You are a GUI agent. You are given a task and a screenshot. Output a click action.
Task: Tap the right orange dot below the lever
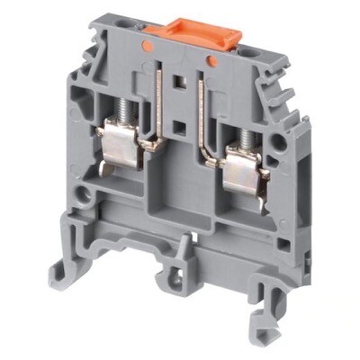click(x=211, y=60)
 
